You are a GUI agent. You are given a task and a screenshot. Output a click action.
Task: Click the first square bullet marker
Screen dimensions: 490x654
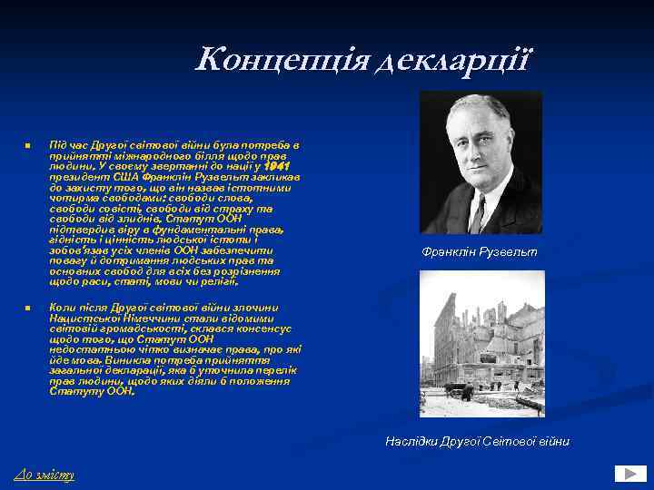[x=28, y=146]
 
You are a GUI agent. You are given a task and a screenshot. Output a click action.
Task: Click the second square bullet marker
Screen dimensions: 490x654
[x=28, y=309]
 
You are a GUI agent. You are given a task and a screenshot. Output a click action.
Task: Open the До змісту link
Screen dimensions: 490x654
[x=45, y=475]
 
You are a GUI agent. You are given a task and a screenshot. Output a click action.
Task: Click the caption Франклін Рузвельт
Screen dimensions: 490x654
[x=480, y=251]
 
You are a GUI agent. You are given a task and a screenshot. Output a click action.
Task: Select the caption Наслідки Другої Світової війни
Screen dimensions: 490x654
[x=478, y=441]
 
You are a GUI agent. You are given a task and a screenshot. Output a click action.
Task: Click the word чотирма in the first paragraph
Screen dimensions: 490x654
[x=74, y=199]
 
